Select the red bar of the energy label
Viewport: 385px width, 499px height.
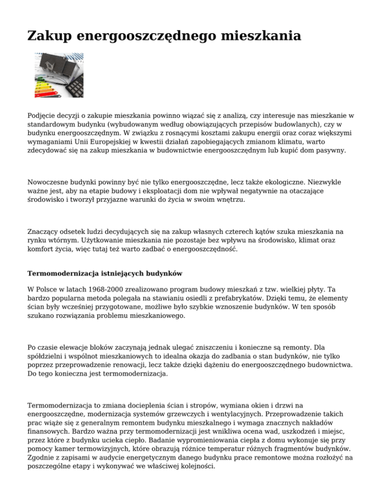click(x=43, y=93)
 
